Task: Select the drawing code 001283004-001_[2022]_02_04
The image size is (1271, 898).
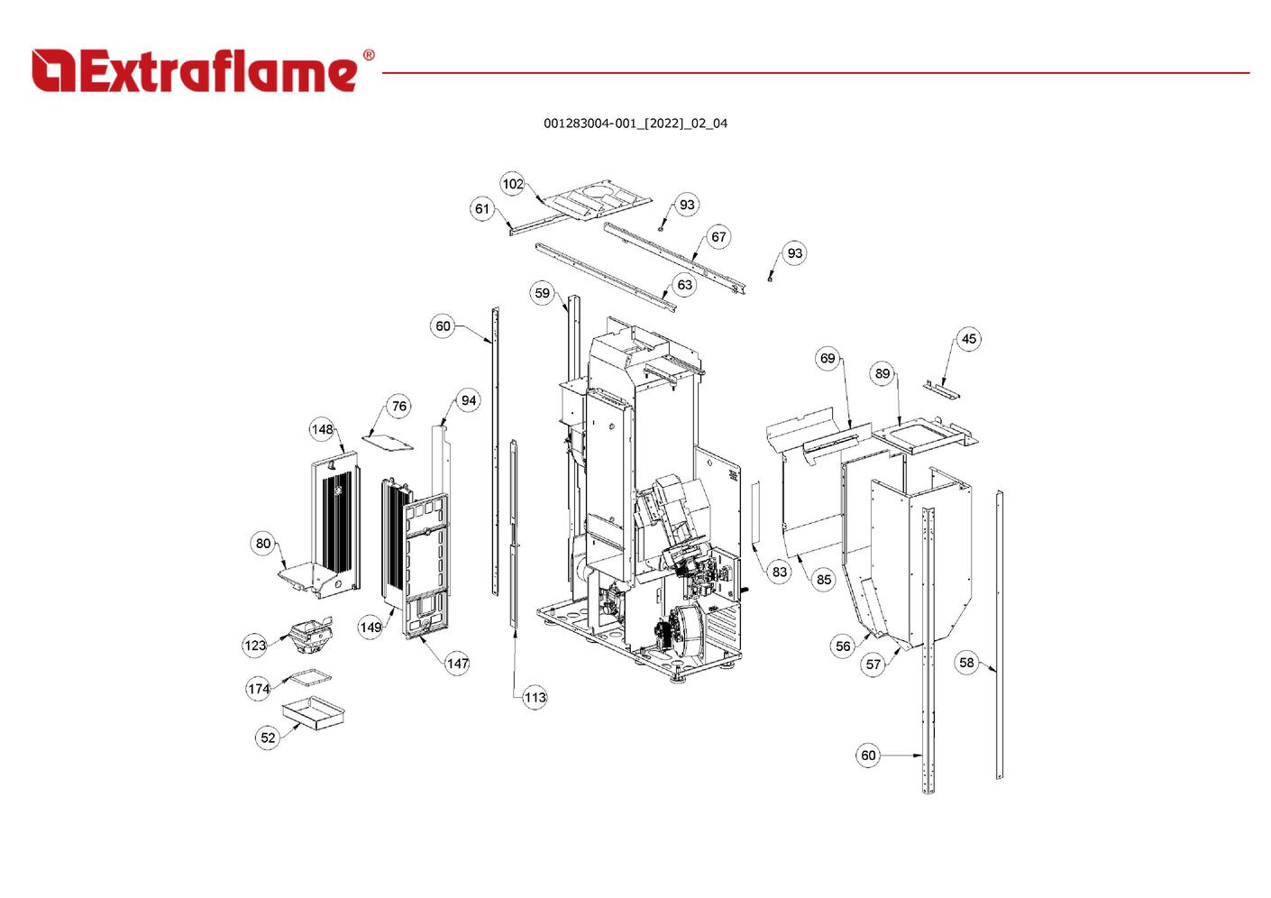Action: click(x=635, y=124)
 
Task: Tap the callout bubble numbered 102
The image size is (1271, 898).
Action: click(x=512, y=184)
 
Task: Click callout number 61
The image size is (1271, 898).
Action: click(x=481, y=209)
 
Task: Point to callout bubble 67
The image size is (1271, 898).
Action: click(x=718, y=237)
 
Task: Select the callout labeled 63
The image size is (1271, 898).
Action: click(x=685, y=284)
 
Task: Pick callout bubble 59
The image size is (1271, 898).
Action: click(x=542, y=293)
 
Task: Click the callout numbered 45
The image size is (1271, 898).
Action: click(x=968, y=339)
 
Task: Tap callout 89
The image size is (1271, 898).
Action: click(x=882, y=373)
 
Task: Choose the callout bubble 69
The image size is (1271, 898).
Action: click(x=828, y=358)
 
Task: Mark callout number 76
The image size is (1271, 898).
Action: click(x=399, y=406)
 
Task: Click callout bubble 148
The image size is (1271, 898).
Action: click(x=323, y=429)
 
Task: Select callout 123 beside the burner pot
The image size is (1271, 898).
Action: click(x=255, y=646)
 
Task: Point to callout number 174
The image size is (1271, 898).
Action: click(x=258, y=689)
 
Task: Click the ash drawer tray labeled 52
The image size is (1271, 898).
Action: click(x=314, y=711)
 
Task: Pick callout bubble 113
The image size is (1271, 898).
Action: click(x=535, y=697)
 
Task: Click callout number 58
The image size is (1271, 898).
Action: click(x=966, y=663)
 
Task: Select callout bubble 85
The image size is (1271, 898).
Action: click(x=823, y=580)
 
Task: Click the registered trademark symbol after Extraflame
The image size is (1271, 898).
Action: click(x=369, y=55)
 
